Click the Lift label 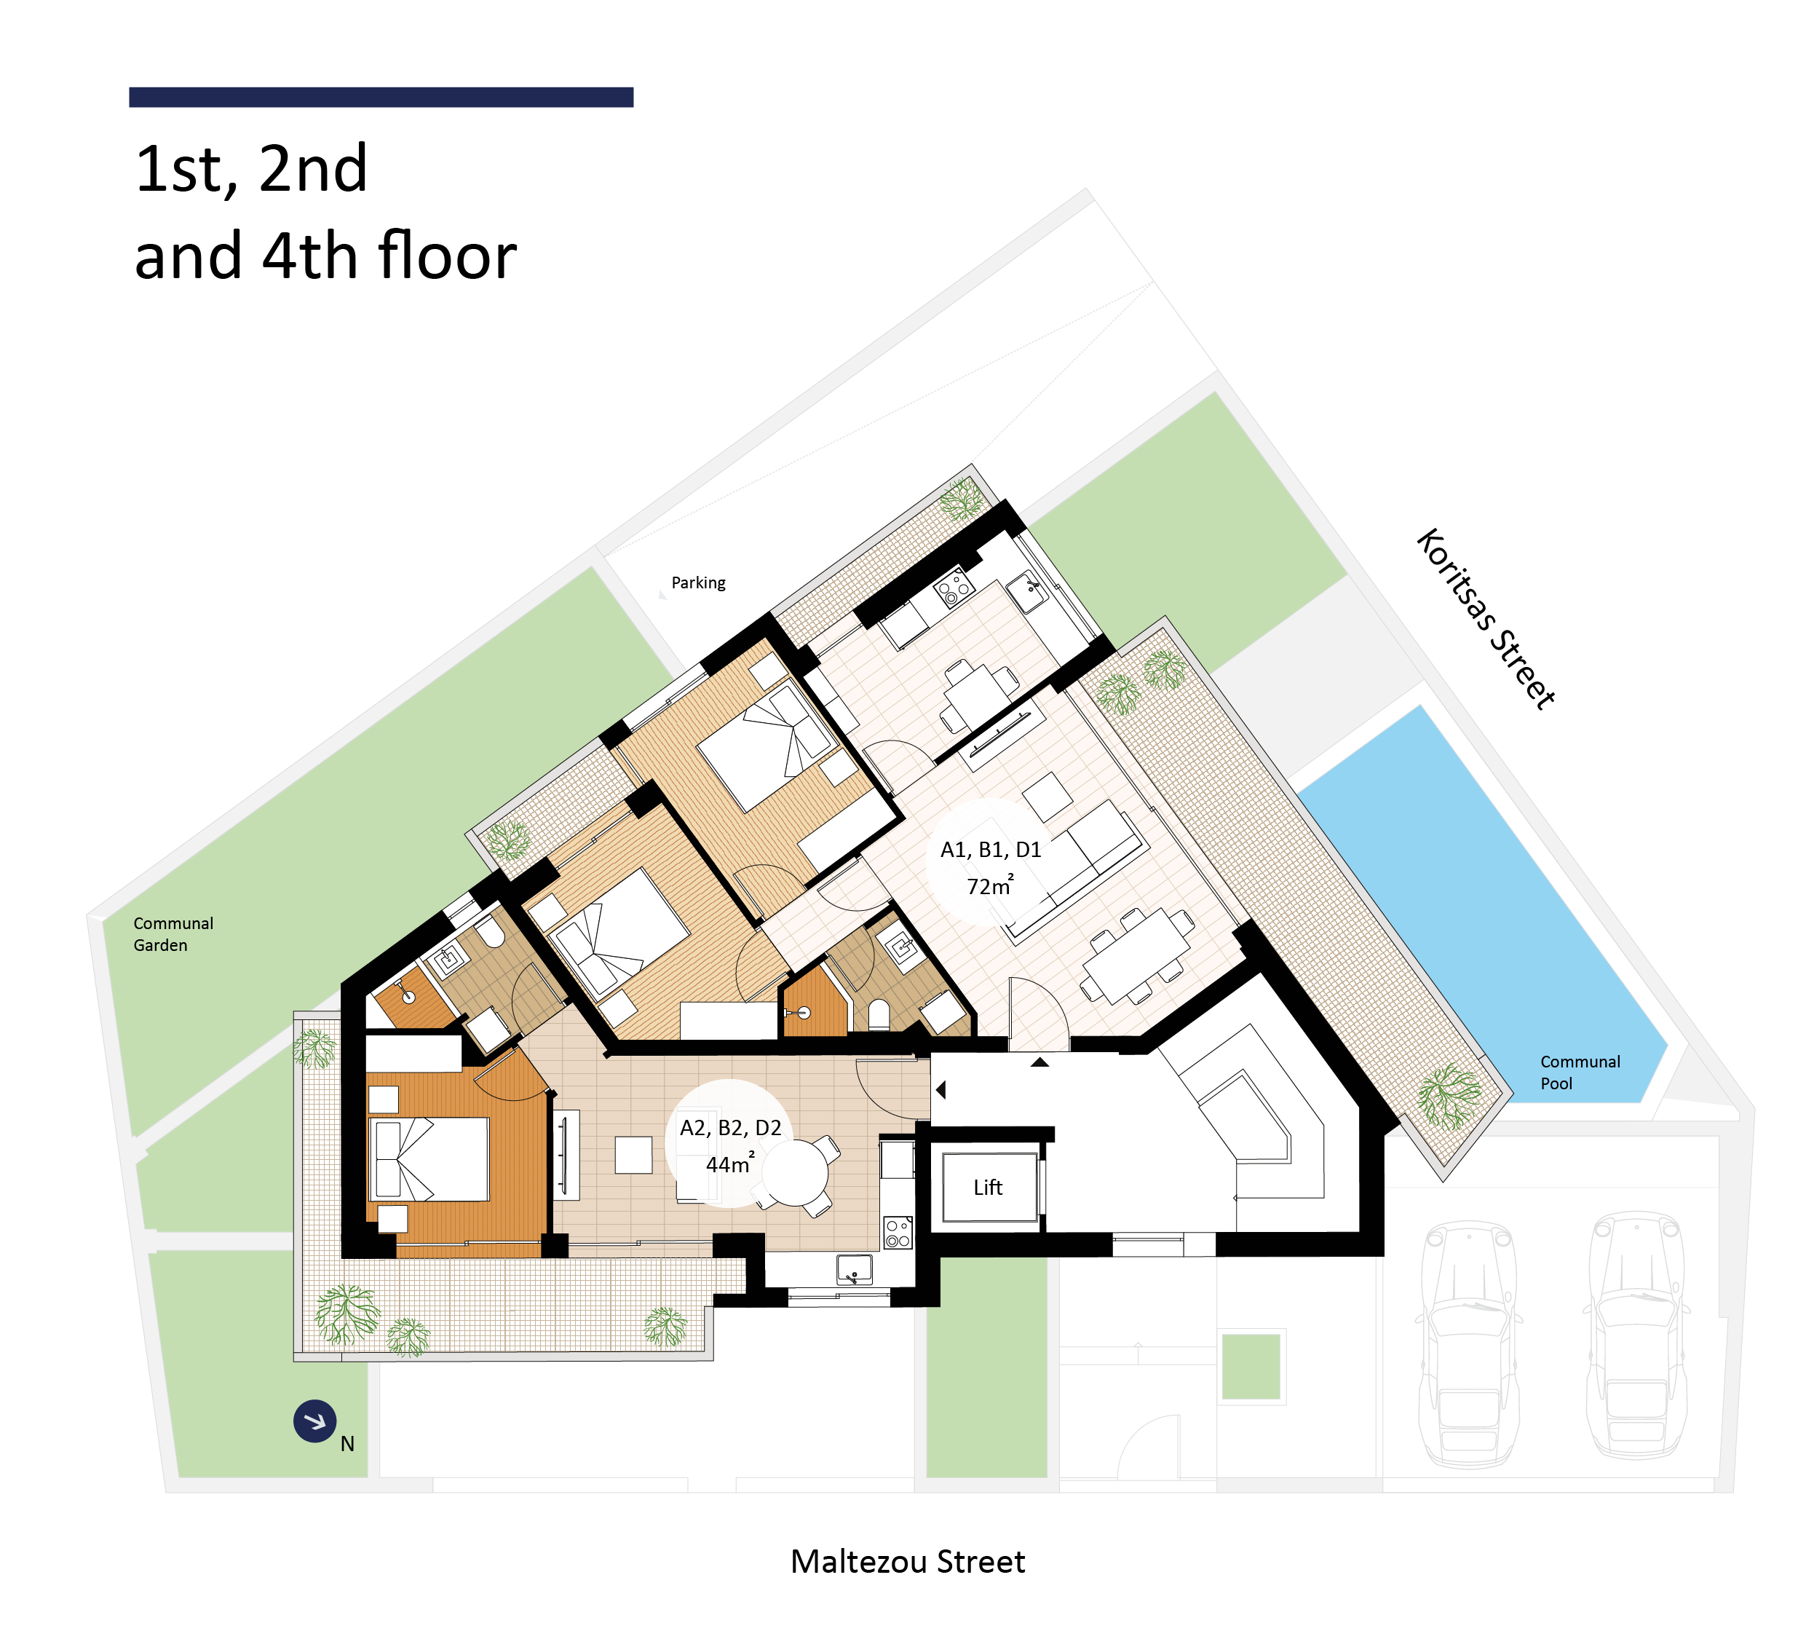987,1188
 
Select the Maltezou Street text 908,1562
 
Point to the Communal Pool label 1580,1072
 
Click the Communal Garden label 173,933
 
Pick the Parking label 698,582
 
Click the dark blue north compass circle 314,1421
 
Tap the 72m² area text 990,885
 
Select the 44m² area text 730,1164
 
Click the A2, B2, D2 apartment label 730,1127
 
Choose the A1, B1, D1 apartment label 991,850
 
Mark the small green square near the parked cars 1251,1367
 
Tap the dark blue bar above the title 381,97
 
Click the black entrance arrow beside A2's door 940,1090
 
